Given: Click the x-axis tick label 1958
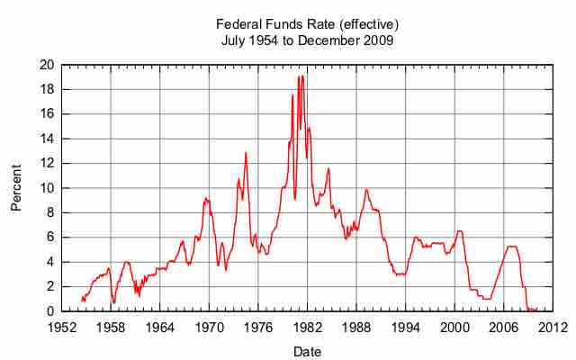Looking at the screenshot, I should point(111,328).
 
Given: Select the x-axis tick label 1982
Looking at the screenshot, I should point(307,328).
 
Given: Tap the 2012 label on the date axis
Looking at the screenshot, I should point(552,328).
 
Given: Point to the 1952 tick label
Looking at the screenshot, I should point(62,328).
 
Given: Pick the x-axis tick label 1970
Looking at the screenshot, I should point(209,328).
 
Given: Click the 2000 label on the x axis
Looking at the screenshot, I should point(454,328).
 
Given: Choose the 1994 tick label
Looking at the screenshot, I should point(405,328).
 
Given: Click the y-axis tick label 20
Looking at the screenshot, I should point(46,66).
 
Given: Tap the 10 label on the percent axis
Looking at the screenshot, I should point(46,188).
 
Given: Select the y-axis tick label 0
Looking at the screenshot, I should point(49,311).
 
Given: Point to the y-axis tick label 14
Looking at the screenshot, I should point(46,139).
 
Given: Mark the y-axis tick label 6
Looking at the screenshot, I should point(49,238).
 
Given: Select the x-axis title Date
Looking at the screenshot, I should point(307,350).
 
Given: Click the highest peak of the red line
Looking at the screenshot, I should point(302,76).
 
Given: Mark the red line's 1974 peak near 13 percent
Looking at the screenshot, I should point(245,152).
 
